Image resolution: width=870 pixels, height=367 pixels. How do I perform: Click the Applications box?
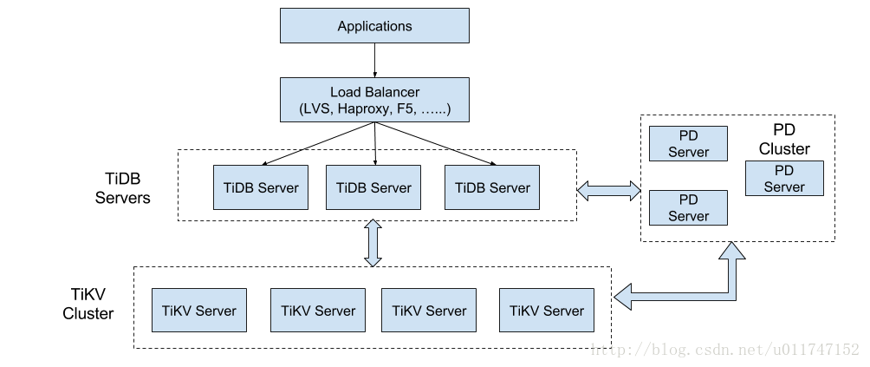pyautogui.click(x=374, y=26)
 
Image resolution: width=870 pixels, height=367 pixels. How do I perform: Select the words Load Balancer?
pyautogui.click(x=374, y=92)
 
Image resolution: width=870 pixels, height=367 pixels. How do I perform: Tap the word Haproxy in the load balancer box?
pyautogui.click(x=363, y=110)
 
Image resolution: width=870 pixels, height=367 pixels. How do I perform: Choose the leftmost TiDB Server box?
pyautogui.click(x=261, y=187)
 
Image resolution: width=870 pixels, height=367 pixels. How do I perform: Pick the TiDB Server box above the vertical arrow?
pyautogui.click(x=373, y=187)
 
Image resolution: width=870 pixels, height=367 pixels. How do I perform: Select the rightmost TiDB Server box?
pyautogui.click(x=492, y=187)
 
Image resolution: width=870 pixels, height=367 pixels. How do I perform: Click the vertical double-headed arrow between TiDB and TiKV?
pyautogui.click(x=373, y=243)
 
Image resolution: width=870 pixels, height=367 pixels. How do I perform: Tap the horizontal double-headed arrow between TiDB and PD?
pyautogui.click(x=609, y=191)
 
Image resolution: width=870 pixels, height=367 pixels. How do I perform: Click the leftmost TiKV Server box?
pyautogui.click(x=198, y=311)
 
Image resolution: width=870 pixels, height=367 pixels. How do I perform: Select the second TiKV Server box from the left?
pyautogui.click(x=318, y=311)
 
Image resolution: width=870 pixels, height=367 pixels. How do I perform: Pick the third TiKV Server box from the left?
pyautogui.click(x=429, y=311)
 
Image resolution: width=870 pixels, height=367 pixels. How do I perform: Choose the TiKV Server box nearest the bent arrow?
pyautogui.click(x=547, y=311)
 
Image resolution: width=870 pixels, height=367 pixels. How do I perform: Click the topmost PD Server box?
pyautogui.click(x=688, y=144)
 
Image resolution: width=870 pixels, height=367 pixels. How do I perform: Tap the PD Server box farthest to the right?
pyautogui.click(x=784, y=179)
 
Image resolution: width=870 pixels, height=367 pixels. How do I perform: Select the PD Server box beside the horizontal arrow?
pyautogui.click(x=688, y=208)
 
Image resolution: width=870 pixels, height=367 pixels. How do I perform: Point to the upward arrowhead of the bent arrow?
pyautogui.click(x=732, y=252)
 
